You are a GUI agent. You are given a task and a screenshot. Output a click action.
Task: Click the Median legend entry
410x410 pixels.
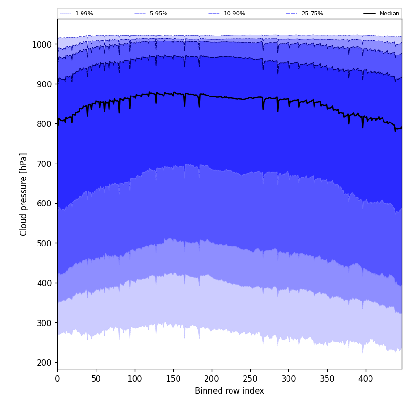coord(389,14)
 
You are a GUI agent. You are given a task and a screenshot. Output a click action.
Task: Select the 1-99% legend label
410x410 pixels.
coord(84,14)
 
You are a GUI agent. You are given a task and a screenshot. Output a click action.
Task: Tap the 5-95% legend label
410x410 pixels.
coord(159,14)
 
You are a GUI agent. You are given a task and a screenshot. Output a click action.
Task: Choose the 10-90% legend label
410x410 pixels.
coord(234,14)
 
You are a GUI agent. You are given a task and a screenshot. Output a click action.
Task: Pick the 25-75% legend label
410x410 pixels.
coord(312,14)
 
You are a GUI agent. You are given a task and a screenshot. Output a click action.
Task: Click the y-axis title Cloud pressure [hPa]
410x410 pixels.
coord(24,194)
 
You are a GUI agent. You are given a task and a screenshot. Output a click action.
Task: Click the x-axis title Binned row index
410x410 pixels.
coord(229,391)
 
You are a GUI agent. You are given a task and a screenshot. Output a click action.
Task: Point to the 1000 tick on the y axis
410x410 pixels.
coord(42,45)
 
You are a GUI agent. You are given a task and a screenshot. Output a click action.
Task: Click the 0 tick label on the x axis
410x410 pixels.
coord(57,379)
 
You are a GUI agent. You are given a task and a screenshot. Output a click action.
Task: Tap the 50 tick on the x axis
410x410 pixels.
coord(96,379)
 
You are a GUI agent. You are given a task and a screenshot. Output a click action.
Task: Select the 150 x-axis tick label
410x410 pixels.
coord(173,379)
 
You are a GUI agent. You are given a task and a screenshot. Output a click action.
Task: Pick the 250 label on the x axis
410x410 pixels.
coord(250,379)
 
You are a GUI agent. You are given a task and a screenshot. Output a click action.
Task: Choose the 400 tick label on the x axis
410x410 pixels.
coord(366,379)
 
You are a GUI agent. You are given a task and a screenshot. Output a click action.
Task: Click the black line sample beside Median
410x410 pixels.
coord(370,14)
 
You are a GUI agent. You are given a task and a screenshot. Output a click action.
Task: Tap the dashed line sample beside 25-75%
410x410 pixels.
coord(292,14)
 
